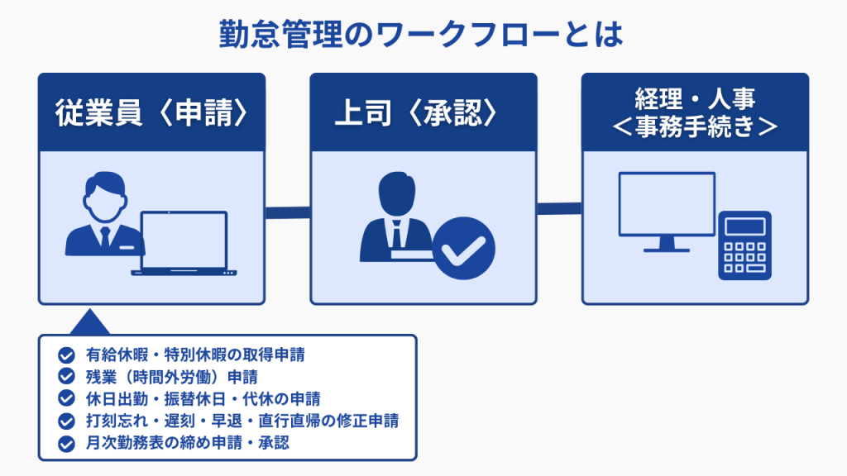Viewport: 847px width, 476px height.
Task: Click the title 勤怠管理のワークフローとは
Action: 421,35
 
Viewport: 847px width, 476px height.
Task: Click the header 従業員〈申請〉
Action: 152,112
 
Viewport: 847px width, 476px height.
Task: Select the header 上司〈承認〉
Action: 416,112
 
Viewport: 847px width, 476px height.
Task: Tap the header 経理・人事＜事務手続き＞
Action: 695,112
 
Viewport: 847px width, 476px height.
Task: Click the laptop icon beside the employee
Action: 184,244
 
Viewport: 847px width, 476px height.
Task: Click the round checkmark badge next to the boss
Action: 463,248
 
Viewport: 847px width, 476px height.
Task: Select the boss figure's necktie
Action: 397,235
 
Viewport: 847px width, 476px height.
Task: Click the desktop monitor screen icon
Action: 668,204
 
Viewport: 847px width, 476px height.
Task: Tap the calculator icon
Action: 745,245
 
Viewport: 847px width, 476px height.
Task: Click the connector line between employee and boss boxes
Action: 287,212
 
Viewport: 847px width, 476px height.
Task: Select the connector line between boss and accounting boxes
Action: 559,208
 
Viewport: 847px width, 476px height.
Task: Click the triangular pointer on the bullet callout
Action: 89,322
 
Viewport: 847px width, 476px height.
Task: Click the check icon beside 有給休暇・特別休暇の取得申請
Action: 66,355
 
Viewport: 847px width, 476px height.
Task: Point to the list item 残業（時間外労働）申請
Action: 172,377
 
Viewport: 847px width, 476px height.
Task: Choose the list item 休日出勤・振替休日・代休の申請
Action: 203,399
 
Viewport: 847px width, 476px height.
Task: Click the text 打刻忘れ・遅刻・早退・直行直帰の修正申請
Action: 242,421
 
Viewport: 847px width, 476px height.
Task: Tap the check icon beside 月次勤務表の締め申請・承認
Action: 66,444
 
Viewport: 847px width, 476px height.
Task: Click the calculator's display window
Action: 745,226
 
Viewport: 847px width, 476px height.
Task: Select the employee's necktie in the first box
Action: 105,237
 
